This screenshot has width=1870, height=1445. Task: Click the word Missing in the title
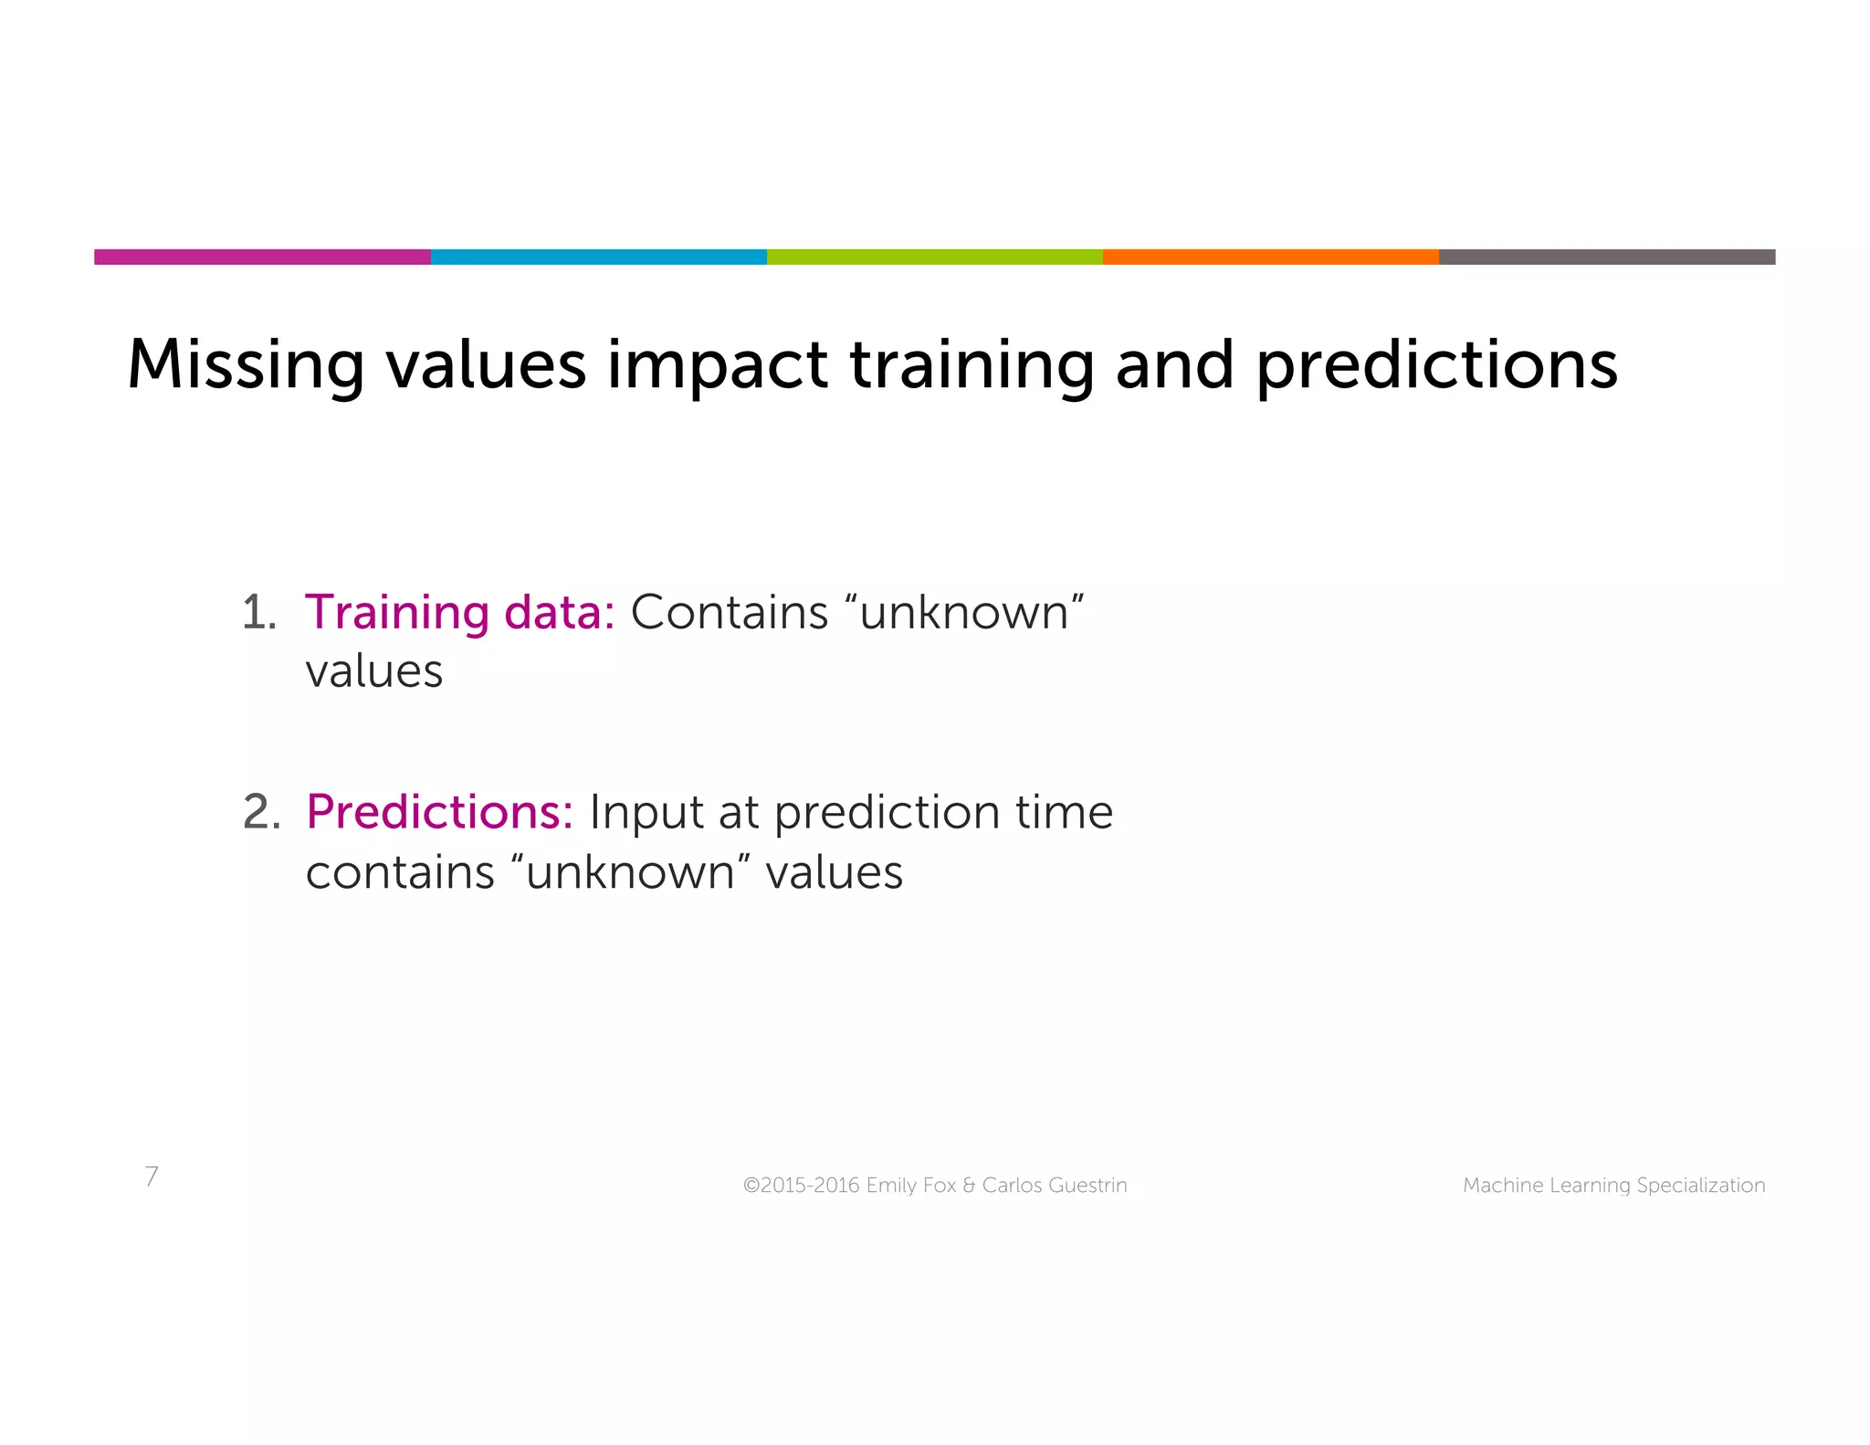[x=245, y=365]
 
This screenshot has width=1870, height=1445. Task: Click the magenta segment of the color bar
[x=262, y=257]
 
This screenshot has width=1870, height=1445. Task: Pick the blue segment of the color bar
[x=598, y=257]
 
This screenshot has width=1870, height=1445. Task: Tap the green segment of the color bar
[x=934, y=257]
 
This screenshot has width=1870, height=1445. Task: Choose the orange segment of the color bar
[x=1270, y=257]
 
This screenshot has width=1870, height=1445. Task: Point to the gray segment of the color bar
[x=1606, y=257]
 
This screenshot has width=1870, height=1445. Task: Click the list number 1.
[x=258, y=612]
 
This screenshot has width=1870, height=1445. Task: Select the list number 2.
[x=261, y=812]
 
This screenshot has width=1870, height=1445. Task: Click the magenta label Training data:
[x=460, y=613]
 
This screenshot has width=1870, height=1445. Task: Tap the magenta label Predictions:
[x=439, y=812]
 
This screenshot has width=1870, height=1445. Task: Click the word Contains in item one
[x=729, y=613]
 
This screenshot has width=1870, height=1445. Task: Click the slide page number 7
[x=152, y=1176]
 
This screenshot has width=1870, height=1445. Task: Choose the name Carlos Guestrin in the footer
[x=1054, y=1186]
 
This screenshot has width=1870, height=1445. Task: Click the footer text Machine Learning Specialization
[x=1613, y=1186]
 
